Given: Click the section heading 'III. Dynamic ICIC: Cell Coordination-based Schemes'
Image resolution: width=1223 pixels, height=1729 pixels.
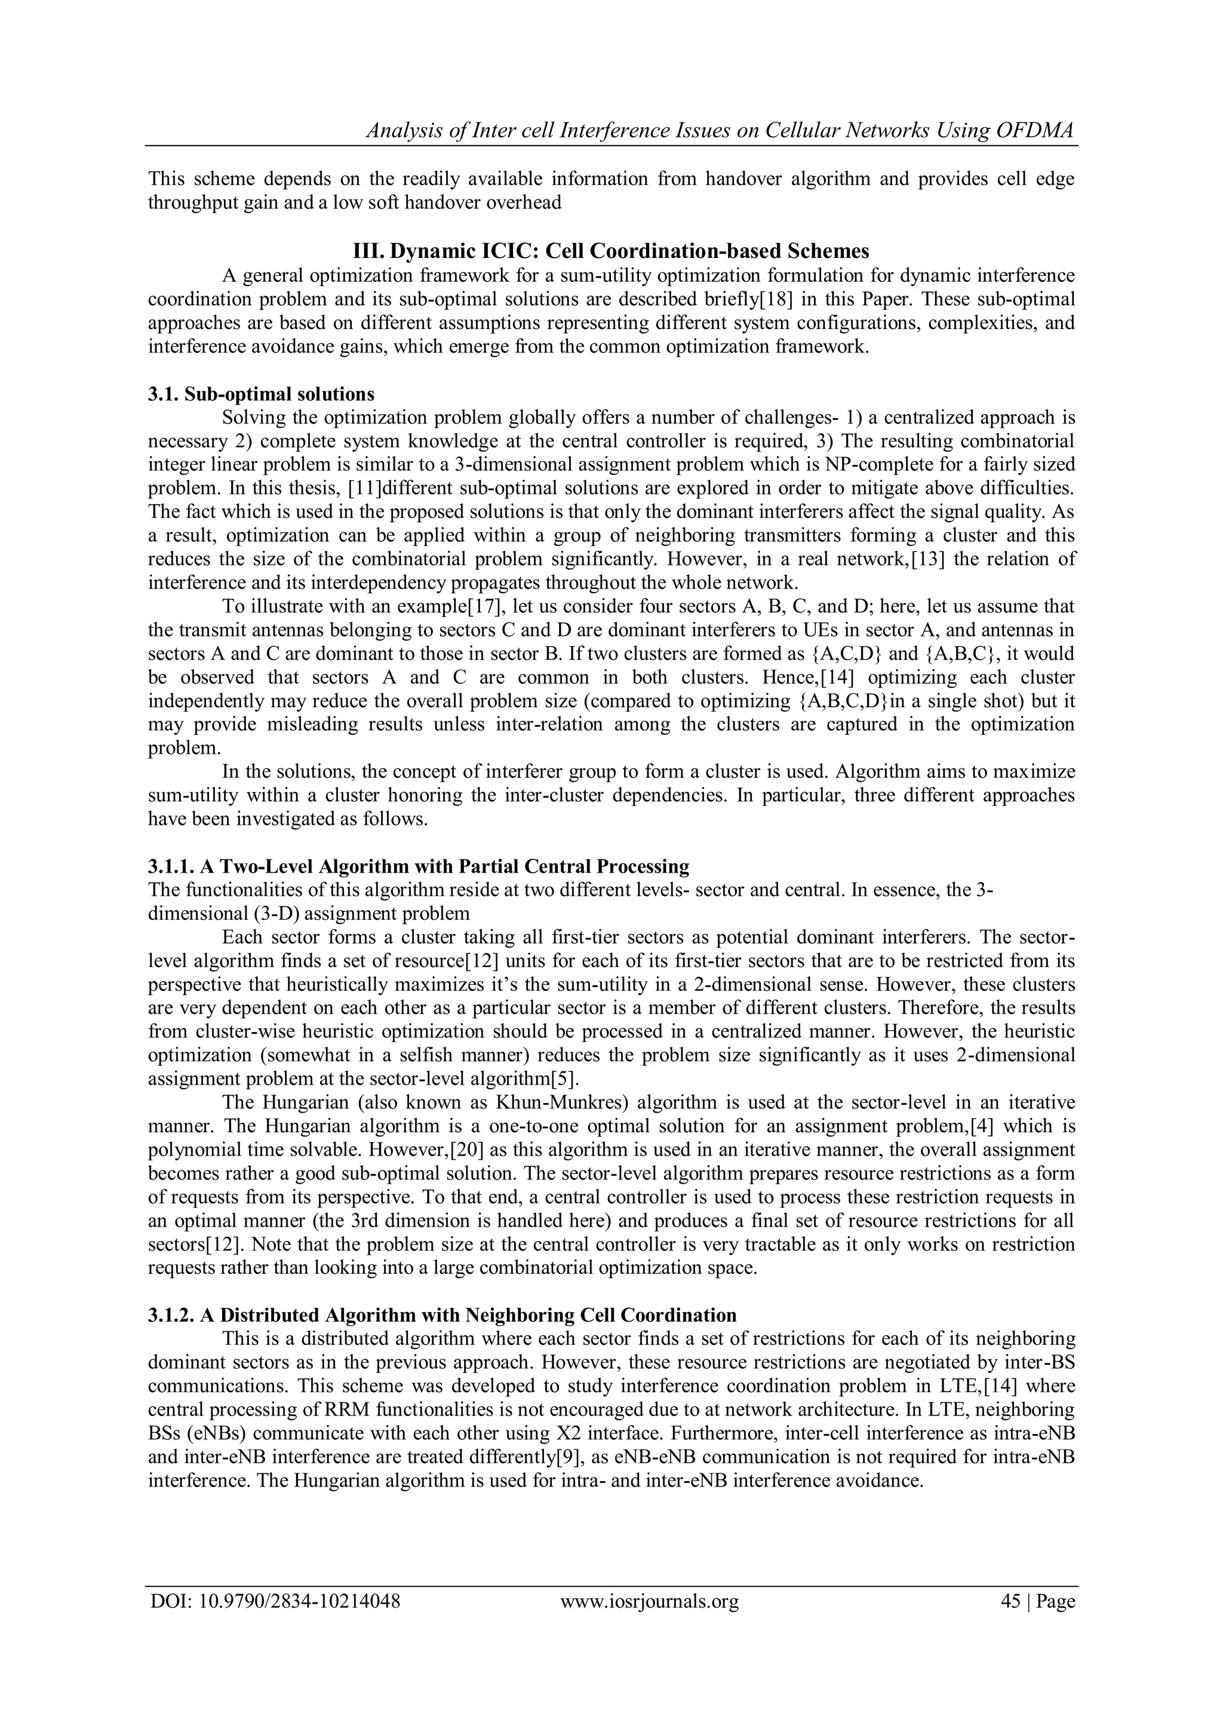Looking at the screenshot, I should (611, 251).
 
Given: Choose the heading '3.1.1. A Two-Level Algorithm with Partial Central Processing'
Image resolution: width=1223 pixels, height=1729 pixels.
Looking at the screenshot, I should (418, 866).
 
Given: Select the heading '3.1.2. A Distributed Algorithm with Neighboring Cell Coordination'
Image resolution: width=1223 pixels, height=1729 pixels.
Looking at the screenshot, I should (442, 1315).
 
